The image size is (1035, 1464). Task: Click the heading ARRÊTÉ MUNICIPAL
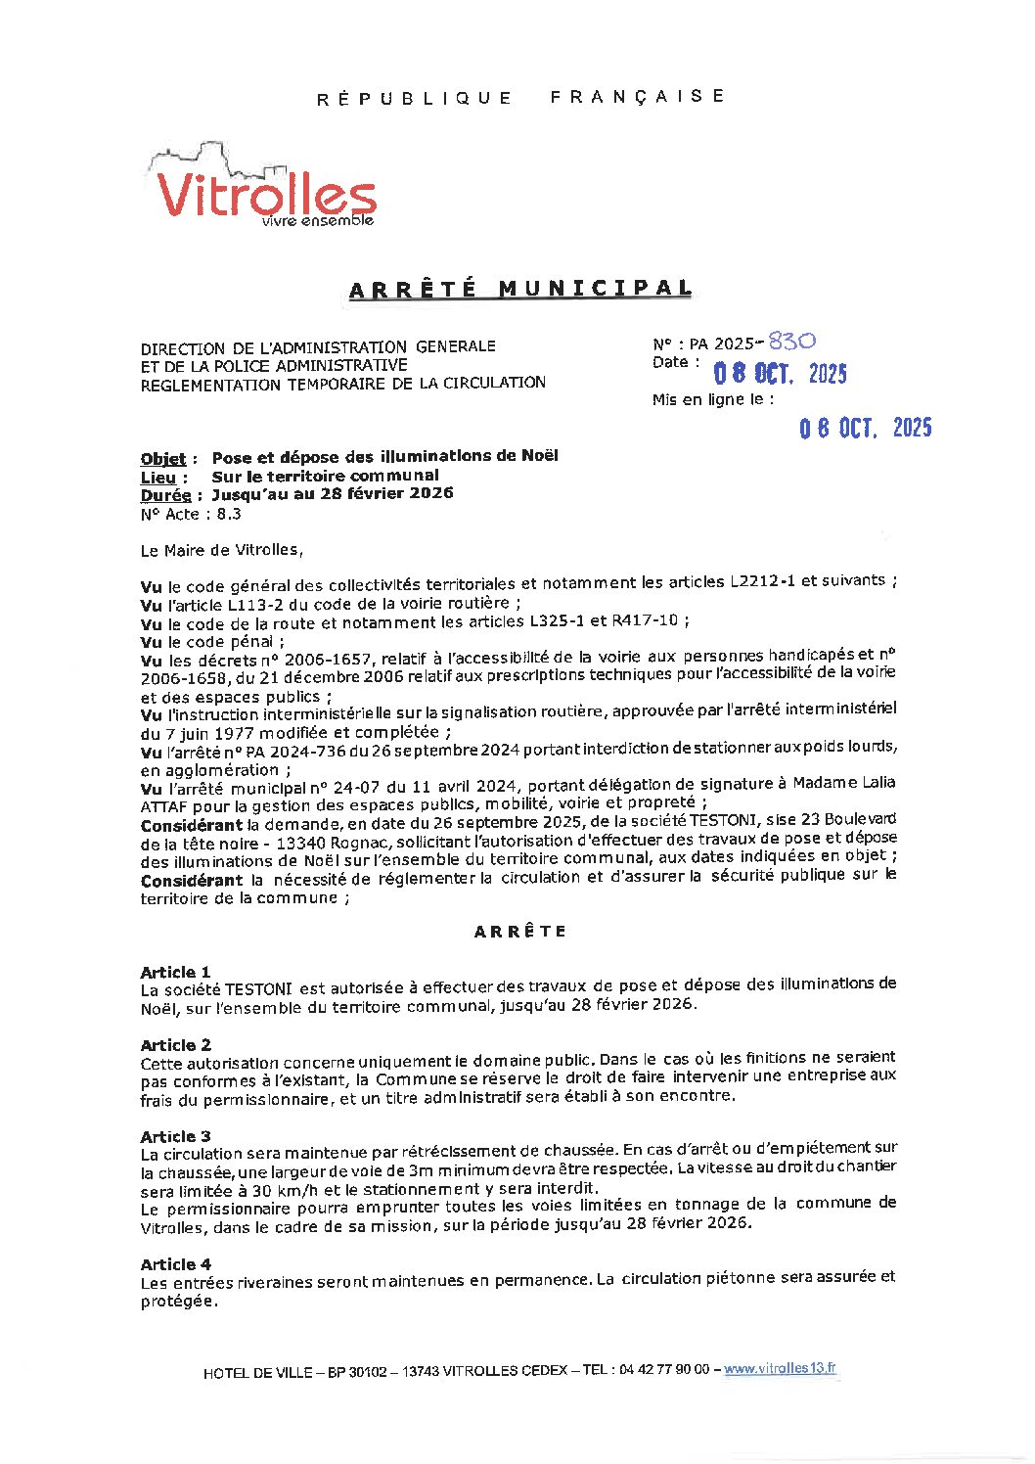tap(520, 289)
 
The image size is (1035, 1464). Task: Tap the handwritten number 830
tap(791, 341)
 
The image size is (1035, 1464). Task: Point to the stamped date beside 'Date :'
tap(779, 373)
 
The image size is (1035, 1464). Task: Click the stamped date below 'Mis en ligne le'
tap(865, 428)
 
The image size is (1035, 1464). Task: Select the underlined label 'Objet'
tap(162, 458)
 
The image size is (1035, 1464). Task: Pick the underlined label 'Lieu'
tap(157, 477)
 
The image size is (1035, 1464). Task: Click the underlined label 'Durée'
tap(164, 495)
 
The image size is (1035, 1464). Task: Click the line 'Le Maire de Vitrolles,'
tap(222, 550)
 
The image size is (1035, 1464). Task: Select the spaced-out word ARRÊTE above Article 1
tap(519, 932)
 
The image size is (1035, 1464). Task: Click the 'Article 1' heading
tap(175, 972)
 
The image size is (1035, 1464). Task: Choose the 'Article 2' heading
tap(175, 1045)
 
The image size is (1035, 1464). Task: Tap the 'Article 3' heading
tap(175, 1136)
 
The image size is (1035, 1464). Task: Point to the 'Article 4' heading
tap(175, 1264)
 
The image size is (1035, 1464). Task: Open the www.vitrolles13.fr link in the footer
tap(780, 1369)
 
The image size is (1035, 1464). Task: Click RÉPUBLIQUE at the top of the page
tap(414, 98)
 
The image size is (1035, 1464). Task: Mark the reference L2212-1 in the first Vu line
tap(762, 581)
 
